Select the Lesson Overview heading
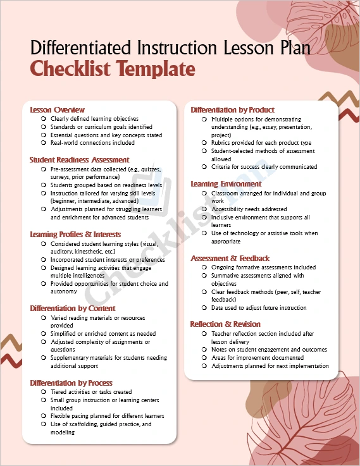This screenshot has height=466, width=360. tap(58, 110)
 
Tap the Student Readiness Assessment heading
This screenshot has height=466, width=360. tap(79, 160)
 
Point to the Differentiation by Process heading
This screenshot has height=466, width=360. tap(71, 383)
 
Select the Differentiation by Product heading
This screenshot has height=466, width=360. tap(232, 110)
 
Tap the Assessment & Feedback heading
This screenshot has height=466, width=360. tap(230, 259)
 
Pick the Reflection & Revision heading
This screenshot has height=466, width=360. tap(225, 324)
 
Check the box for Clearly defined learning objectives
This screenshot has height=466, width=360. tap(43, 119)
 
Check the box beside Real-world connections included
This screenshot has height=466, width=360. tap(43, 143)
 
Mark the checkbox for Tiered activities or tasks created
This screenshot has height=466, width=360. tap(43, 392)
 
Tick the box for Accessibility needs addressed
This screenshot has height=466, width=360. tap(204, 209)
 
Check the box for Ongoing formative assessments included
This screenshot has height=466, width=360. tap(204, 267)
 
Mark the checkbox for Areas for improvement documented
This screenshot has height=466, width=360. tap(204, 358)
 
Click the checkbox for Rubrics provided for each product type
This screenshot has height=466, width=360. tap(204, 144)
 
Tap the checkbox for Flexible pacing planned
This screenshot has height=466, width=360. tap(43, 416)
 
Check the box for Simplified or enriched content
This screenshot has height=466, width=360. tap(43, 334)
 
